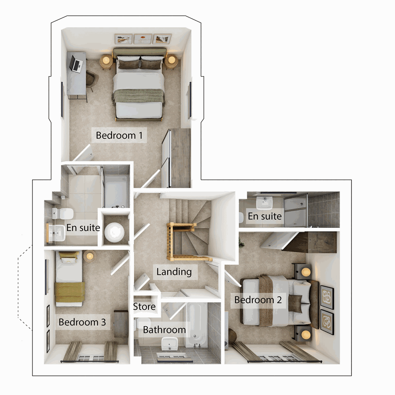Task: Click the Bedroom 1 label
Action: tap(119, 135)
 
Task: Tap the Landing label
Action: tap(174, 272)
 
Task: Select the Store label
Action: tap(144, 307)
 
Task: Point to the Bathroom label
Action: tap(164, 330)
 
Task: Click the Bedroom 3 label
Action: tap(82, 322)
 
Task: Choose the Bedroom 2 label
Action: tap(258, 300)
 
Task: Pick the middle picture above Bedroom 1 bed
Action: tap(143, 39)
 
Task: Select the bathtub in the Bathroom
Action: tap(197, 324)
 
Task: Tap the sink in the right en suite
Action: tap(264, 202)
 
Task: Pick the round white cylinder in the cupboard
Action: tap(115, 231)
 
